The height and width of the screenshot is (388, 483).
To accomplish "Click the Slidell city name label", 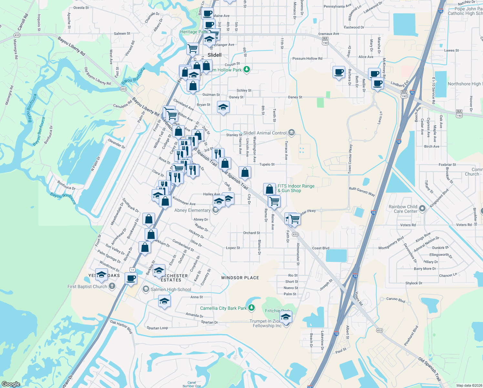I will pos(214,55).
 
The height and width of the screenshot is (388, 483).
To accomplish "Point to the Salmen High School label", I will pos(171,289).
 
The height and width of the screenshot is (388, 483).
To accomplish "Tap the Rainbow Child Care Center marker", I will pos(422,208).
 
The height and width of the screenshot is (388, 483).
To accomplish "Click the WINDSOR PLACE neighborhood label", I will pos(240,278).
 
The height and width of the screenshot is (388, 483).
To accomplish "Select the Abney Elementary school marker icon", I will pos(216,210).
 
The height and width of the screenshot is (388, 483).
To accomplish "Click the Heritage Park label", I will pos(193,32).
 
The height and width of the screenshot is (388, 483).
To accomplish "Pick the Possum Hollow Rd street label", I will pos(307,59).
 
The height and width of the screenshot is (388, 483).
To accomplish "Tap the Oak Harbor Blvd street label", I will pos(121,326).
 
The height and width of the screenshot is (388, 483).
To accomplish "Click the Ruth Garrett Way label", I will pos(362,191).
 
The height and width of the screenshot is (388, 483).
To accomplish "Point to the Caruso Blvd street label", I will pos(396,300).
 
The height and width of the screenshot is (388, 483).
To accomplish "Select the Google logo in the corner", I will pos(11,384).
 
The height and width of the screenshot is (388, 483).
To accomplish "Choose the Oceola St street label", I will pos(81,7).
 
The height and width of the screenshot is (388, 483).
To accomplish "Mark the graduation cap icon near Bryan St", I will pos(223,107).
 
